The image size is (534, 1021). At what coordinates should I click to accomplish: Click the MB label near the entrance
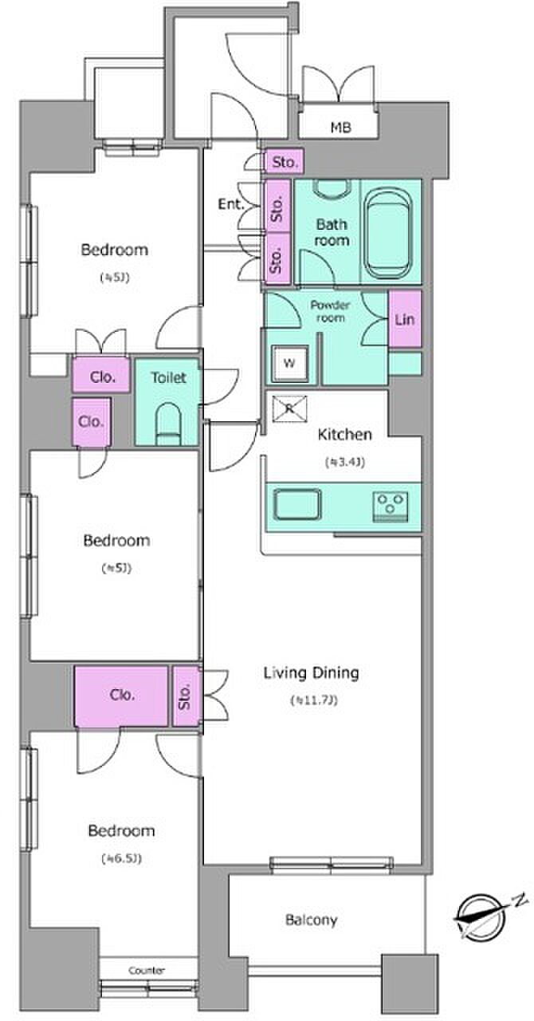pos(341,127)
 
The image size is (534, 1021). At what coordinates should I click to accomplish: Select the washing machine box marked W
pos(290,363)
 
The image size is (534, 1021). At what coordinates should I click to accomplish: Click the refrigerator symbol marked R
pos(290,409)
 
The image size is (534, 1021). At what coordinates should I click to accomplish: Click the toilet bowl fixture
pos(169,424)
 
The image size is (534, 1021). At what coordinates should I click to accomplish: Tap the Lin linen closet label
pos(405,320)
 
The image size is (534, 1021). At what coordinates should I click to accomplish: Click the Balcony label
pos(311,920)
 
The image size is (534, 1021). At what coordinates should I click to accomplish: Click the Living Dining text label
pos(311,672)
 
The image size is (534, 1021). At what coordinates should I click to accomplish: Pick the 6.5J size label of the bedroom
pos(122,859)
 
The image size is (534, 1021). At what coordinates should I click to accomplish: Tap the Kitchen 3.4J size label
pos(345,462)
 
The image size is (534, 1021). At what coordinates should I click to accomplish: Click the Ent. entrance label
pos(231,204)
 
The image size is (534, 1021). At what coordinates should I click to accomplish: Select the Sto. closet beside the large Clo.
pos(186,696)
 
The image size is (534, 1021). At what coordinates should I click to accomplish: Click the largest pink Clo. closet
pos(121,696)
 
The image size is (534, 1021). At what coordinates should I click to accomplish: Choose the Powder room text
pos(330,311)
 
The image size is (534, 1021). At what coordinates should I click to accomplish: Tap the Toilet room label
pos(169,377)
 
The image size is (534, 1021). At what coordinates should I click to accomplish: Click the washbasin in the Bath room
pos(332,189)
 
